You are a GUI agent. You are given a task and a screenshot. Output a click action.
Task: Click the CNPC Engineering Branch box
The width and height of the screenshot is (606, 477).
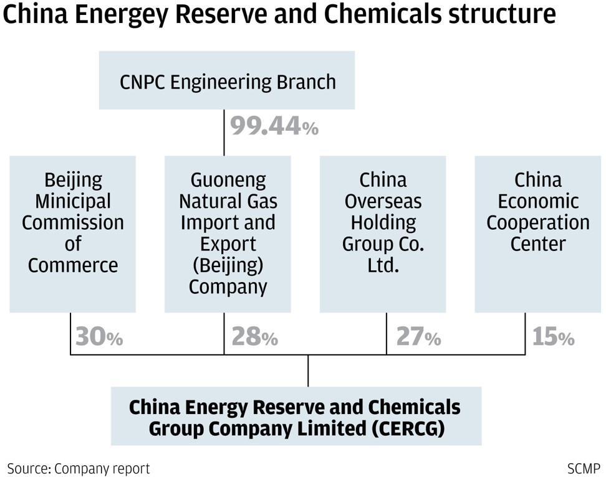click(x=227, y=80)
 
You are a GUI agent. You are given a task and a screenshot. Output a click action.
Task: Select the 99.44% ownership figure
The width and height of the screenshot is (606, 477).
click(x=274, y=126)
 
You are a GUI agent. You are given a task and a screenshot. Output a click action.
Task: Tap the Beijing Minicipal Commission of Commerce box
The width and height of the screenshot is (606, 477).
click(x=73, y=234)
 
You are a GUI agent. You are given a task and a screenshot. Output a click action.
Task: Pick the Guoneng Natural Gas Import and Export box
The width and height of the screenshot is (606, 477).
click(x=228, y=234)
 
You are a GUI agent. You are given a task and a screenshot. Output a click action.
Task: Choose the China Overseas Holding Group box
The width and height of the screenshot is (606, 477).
click(x=383, y=234)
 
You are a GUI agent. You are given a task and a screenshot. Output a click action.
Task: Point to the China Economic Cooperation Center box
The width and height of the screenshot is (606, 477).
click(x=537, y=234)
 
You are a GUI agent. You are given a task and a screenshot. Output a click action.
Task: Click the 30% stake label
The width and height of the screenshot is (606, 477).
click(x=99, y=336)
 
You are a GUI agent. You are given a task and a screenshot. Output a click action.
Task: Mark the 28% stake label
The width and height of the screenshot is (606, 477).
click(x=255, y=336)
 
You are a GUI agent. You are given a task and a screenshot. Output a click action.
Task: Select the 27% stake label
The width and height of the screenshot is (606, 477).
click(x=418, y=336)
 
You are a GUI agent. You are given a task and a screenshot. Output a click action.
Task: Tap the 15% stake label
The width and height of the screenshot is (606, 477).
click(x=553, y=336)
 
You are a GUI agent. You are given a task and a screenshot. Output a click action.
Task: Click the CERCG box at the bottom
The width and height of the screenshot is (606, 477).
click(x=296, y=416)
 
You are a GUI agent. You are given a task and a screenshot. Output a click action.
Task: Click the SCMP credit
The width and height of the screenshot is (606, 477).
click(x=584, y=468)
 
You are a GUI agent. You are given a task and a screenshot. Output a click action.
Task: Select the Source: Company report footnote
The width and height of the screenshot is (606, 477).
click(x=79, y=468)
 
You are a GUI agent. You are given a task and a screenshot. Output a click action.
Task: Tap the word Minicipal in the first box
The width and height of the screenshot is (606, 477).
click(x=73, y=201)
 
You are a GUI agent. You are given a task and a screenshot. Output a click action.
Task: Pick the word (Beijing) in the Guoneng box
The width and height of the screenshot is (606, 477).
click(x=228, y=265)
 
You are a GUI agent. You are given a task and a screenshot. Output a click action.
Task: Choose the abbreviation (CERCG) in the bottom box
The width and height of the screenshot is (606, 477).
click(x=408, y=428)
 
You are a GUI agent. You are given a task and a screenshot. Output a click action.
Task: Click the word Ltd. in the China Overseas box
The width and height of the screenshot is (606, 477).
click(x=383, y=265)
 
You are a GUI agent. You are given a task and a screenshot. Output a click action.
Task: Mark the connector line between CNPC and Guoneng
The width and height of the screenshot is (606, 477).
click(x=224, y=133)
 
